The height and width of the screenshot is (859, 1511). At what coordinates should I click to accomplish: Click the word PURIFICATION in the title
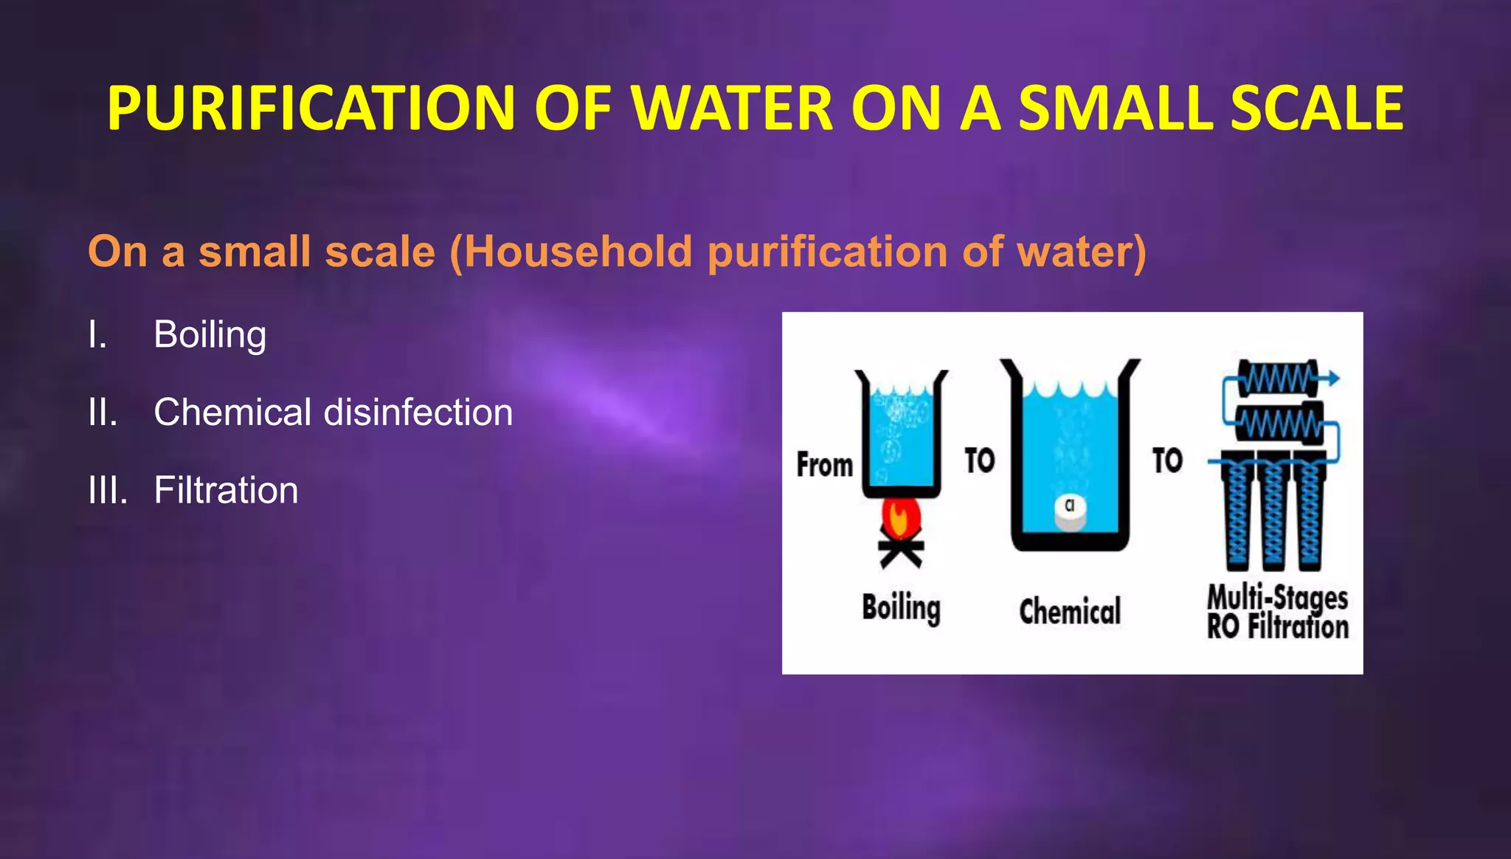click(x=311, y=108)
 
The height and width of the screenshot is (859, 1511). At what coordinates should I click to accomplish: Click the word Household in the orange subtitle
click(x=578, y=252)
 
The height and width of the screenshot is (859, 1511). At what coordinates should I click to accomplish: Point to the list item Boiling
click(x=210, y=334)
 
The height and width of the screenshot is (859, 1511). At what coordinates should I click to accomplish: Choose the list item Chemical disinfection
click(x=333, y=412)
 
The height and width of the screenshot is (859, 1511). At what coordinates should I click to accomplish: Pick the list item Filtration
click(x=226, y=490)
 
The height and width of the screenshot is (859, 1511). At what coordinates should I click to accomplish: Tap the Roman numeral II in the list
click(x=102, y=412)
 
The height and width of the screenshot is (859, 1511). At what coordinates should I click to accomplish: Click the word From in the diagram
click(x=824, y=466)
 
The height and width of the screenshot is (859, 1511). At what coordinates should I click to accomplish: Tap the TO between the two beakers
click(x=980, y=460)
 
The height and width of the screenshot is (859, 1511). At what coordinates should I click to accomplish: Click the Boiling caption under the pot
click(x=901, y=608)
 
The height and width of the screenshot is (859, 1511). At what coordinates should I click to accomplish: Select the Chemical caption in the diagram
click(x=1070, y=612)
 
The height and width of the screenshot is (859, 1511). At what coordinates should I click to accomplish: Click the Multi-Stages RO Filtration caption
click(x=1278, y=612)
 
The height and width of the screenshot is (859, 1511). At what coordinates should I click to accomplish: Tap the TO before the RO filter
click(x=1167, y=460)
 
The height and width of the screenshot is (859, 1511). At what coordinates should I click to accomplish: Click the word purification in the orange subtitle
click(x=826, y=252)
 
